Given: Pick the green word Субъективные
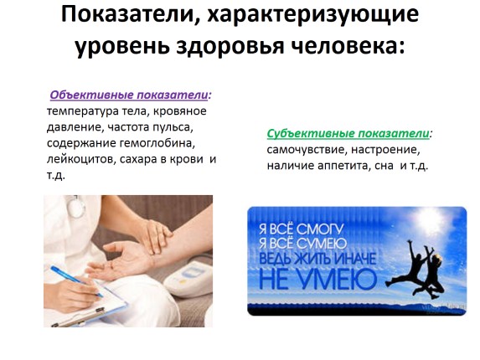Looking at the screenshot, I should pyautogui.click(x=307, y=134).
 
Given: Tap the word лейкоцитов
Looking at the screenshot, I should pyautogui.click(x=80, y=159).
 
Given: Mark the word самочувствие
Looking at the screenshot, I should pyautogui.click(x=307, y=150).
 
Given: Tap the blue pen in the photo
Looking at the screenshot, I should pyautogui.click(x=74, y=280).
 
